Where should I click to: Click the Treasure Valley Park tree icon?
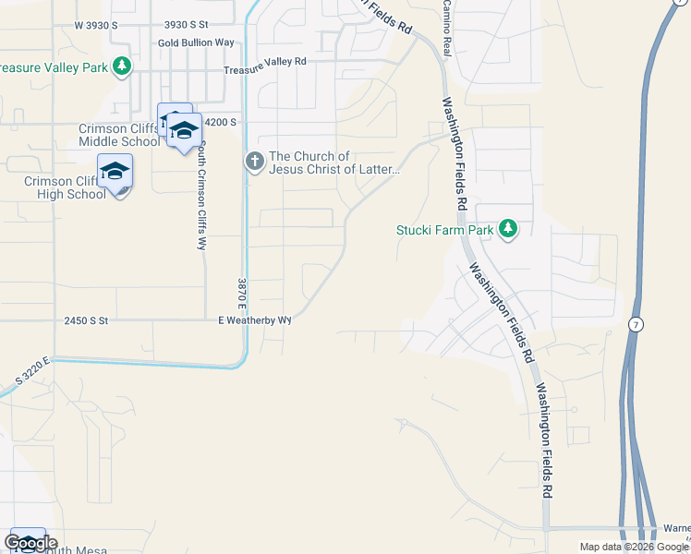click(121, 66)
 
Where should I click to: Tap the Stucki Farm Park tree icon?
click(507, 229)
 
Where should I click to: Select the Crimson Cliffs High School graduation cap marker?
click(115, 172)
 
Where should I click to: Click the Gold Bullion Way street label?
click(196, 42)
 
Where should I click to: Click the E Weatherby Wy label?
click(254, 319)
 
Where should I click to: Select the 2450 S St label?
click(87, 320)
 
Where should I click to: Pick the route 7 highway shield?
click(636, 324)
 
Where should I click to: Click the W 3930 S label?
click(96, 25)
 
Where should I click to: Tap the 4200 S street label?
click(222, 122)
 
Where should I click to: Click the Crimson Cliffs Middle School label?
click(119, 135)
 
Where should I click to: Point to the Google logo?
click(30, 543)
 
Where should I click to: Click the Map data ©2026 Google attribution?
click(634, 547)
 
